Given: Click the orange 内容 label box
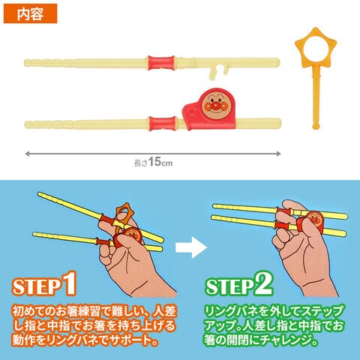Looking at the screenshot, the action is pyautogui.click(x=30, y=13).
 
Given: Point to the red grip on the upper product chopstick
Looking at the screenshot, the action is pyautogui.click(x=161, y=62).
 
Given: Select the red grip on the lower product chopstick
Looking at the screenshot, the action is pyautogui.click(x=163, y=124).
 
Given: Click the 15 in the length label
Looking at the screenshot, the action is pyautogui.click(x=154, y=162).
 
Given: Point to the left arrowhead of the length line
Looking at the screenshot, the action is pyautogui.click(x=28, y=154).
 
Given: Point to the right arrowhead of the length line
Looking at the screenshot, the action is pyautogui.click(x=278, y=154).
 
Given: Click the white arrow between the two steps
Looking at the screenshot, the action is pyautogui.click(x=191, y=247).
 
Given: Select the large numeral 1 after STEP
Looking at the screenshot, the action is pyautogui.click(x=69, y=283).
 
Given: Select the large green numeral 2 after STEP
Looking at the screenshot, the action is pyautogui.click(x=263, y=283).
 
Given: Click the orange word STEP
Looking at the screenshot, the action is pyautogui.click(x=37, y=286).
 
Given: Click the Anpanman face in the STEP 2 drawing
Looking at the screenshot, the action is pyautogui.click(x=314, y=218).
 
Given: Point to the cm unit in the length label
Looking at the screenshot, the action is pyautogui.click(x=166, y=163).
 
